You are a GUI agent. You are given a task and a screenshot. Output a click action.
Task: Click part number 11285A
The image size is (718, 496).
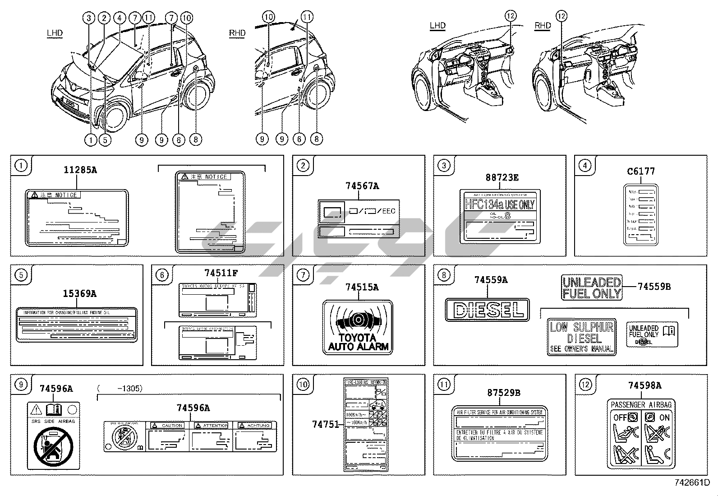click(x=80, y=170)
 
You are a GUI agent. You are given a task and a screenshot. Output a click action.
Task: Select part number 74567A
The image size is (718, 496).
click(x=362, y=185)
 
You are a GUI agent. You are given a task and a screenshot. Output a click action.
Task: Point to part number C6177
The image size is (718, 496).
click(x=641, y=171)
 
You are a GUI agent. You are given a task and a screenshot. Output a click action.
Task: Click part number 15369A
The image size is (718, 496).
click(x=79, y=294)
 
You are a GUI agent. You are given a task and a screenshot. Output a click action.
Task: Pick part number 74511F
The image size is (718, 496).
click(x=221, y=273)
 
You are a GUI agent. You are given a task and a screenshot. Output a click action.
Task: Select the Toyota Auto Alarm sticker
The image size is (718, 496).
click(x=358, y=327)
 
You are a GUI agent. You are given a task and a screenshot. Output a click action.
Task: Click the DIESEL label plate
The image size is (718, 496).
click(x=487, y=310)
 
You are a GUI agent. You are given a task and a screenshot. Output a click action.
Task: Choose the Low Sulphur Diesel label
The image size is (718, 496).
click(x=581, y=337)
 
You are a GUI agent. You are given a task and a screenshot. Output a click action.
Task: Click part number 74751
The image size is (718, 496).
click(x=325, y=424)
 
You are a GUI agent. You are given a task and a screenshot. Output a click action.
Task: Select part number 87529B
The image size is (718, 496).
click(x=503, y=393)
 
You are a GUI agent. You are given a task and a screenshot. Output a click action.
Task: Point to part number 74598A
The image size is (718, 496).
click(x=644, y=385)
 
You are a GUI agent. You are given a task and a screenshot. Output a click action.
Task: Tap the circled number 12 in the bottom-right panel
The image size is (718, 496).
click(x=585, y=385)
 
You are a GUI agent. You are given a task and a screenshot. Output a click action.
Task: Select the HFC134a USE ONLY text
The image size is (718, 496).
click(x=500, y=204)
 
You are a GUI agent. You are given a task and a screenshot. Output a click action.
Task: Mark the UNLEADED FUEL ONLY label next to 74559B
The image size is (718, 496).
click(x=592, y=287)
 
